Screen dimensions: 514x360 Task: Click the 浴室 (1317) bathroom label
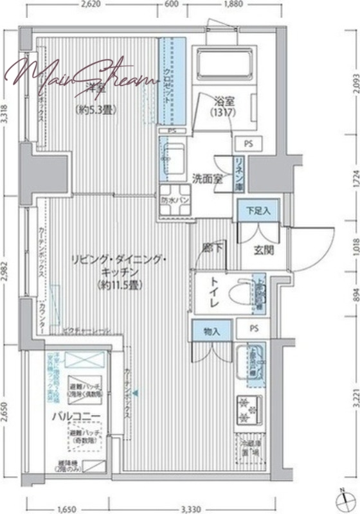point(224,106)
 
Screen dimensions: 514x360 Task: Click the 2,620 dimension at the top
point(92,4)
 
